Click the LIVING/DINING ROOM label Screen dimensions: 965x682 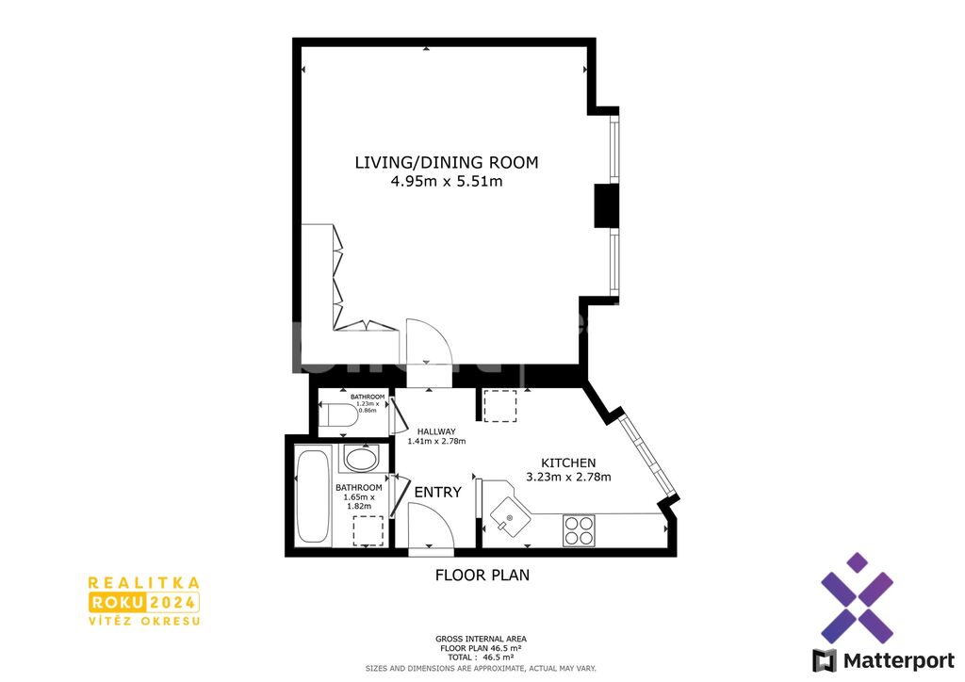(x=446, y=162)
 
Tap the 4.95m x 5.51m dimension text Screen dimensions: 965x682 (x=446, y=182)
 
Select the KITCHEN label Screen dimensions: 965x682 (x=568, y=463)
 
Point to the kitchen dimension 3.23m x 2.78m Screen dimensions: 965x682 (x=568, y=477)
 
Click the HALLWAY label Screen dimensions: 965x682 (x=436, y=431)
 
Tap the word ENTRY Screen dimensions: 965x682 (x=437, y=492)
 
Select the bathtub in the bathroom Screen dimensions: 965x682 (x=312, y=496)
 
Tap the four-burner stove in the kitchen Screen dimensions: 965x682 (x=579, y=530)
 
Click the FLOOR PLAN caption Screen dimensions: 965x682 (x=482, y=575)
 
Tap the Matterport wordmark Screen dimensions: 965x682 (x=898, y=660)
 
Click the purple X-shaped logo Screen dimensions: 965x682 (x=857, y=598)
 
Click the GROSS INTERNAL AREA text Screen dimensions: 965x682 (x=481, y=639)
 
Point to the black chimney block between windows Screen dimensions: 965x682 (x=606, y=205)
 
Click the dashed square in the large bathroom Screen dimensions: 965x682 (x=368, y=530)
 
